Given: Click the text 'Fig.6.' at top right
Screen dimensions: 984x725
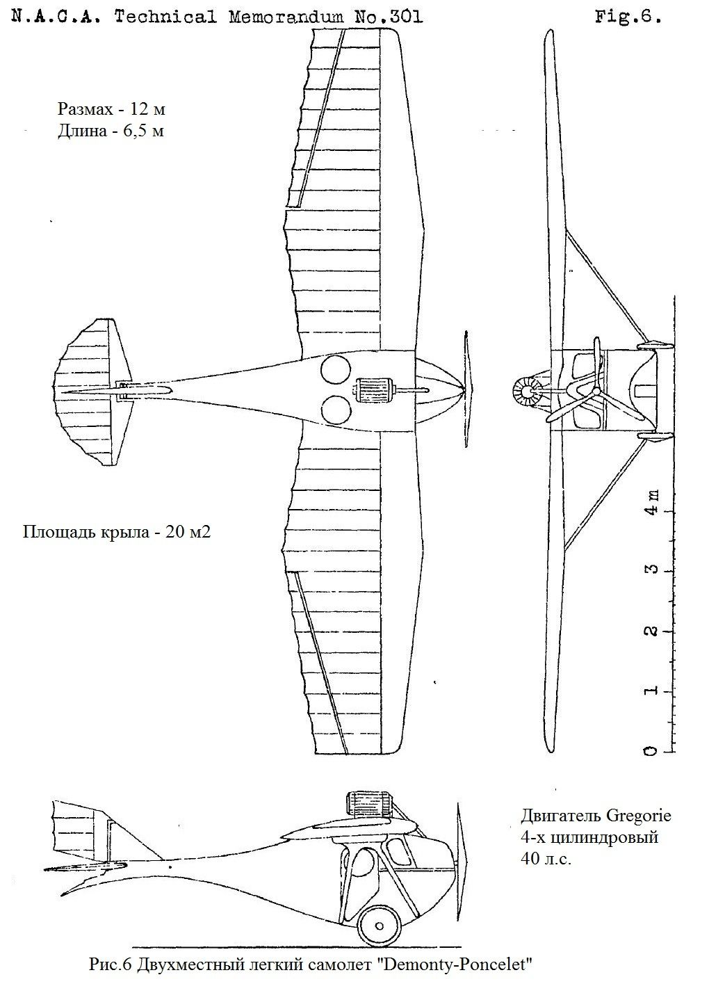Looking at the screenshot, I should coord(627,17).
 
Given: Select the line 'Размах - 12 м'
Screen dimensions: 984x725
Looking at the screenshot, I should coord(111,109).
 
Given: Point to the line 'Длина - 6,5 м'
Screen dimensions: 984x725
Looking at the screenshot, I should coord(111,130).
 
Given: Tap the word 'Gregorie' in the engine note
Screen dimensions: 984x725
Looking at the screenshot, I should coord(637,815).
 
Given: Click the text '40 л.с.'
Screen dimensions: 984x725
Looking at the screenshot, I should coord(546,859).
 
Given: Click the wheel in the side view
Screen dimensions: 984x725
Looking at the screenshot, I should coord(380,925).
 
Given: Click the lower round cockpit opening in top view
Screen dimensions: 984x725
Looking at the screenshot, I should coord(335,409).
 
